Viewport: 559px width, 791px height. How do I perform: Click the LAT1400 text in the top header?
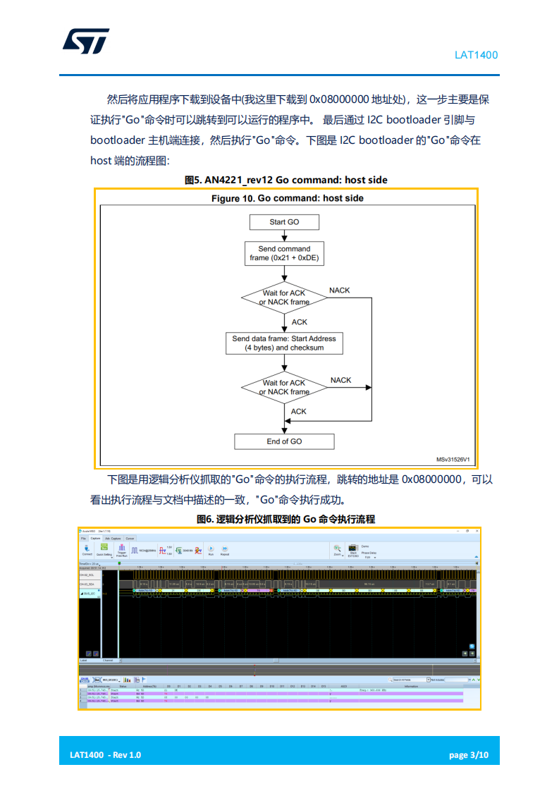tap(476, 55)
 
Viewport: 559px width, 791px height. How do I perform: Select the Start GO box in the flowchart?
tap(284, 222)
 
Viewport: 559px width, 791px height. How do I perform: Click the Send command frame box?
tap(284, 253)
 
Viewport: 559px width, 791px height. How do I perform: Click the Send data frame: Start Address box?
tap(284, 343)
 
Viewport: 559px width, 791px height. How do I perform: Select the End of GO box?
tap(284, 441)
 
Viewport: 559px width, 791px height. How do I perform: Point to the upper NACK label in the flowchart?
tap(339, 290)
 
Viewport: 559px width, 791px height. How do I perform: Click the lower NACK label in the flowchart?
tap(340, 380)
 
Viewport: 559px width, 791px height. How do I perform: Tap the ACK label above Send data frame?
tap(300, 322)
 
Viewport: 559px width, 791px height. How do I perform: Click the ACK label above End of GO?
tap(299, 412)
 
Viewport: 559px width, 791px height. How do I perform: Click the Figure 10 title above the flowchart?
tap(288, 198)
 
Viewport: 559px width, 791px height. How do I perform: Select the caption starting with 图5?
tap(285, 180)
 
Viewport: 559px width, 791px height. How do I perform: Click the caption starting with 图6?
tap(285, 519)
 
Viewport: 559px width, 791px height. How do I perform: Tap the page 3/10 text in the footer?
tap(469, 755)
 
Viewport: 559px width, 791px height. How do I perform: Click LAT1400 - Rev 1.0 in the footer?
tap(105, 755)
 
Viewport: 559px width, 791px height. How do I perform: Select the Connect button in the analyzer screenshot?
tap(87, 550)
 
